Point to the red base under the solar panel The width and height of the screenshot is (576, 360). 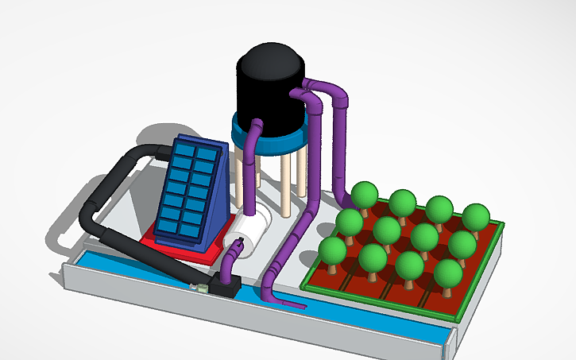[x=184, y=250]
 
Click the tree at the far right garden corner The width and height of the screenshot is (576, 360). [x=476, y=216]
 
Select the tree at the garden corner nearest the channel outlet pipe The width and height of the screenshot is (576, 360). [x=333, y=251]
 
